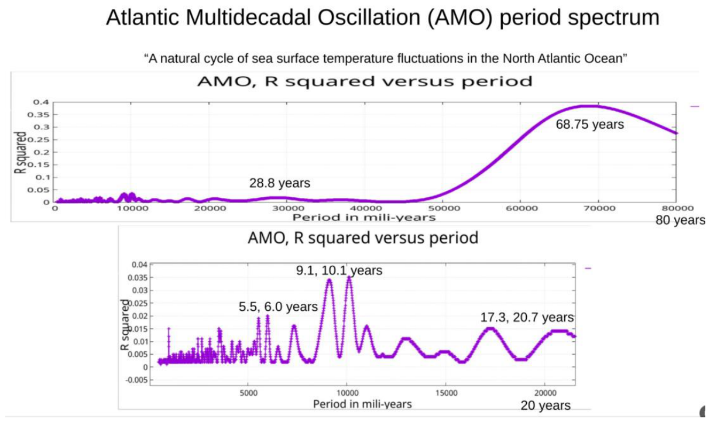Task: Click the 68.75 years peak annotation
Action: tap(590, 124)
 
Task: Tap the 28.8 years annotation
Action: tap(280, 183)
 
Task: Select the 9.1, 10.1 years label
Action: tap(339, 270)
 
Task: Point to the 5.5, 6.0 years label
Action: tap(278, 307)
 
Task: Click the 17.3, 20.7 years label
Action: tap(527, 317)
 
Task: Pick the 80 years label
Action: tap(680, 220)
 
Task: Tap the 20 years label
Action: tap(546, 405)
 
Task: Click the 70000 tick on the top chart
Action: tap(598, 208)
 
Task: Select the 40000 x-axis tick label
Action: tap(365, 208)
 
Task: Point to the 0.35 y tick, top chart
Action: tap(39, 115)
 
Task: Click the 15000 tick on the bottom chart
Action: tap(446, 393)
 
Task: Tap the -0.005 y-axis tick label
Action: tap(137, 380)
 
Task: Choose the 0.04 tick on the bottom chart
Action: tap(139, 265)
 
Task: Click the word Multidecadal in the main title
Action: tap(248, 18)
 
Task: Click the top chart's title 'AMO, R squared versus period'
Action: tap(365, 81)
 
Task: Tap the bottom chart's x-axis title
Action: tap(362, 404)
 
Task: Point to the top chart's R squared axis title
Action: tap(20, 153)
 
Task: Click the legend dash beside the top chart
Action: tap(694, 107)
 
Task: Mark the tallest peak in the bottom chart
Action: tap(349, 277)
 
